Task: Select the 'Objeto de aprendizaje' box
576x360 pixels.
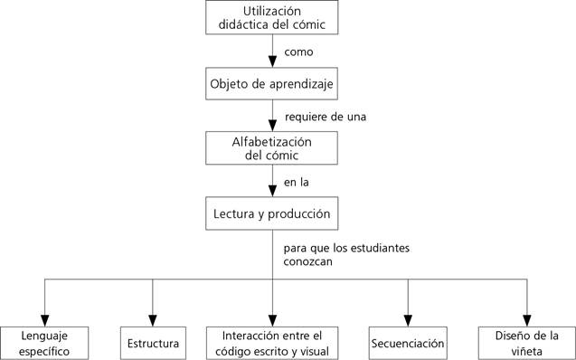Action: click(x=272, y=84)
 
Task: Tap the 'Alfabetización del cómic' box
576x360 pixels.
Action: click(x=272, y=148)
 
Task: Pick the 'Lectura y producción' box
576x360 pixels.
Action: click(x=272, y=214)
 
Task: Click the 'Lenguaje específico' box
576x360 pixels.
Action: click(x=45, y=343)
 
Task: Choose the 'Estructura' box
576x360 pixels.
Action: click(x=152, y=344)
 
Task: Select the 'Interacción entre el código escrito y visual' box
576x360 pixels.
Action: click(x=272, y=343)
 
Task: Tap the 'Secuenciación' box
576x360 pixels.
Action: click(x=408, y=344)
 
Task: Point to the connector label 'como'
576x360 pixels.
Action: click(x=298, y=52)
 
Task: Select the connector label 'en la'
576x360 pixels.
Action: click(x=297, y=183)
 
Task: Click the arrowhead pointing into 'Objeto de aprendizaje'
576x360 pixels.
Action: click(x=272, y=63)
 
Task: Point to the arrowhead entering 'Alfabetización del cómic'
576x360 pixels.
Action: click(x=272, y=128)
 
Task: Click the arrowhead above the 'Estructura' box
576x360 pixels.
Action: click(x=152, y=318)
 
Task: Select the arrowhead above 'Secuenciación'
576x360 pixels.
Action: click(x=408, y=318)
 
